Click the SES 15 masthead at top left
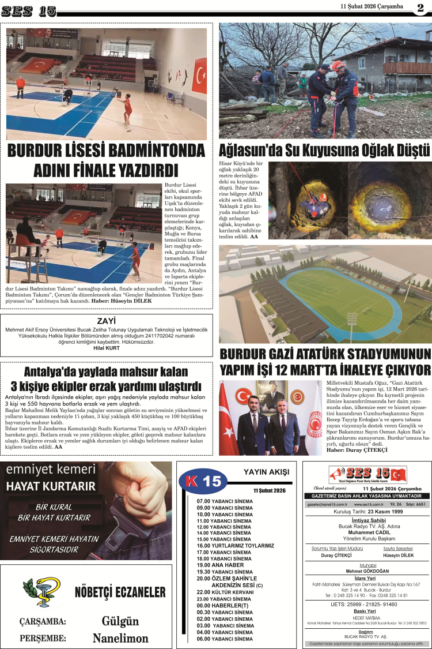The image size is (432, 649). tap(29, 10)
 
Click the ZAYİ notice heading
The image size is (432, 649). tap(107, 321)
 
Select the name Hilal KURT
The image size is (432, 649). tap(106, 348)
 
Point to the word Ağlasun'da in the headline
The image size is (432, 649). tap(249, 151)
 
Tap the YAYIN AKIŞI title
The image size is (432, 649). tap(266, 472)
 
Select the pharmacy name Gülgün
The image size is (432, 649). tap(120, 621)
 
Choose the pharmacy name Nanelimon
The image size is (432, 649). tap(120, 638)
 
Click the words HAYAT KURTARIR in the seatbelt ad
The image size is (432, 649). tap(51, 487)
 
